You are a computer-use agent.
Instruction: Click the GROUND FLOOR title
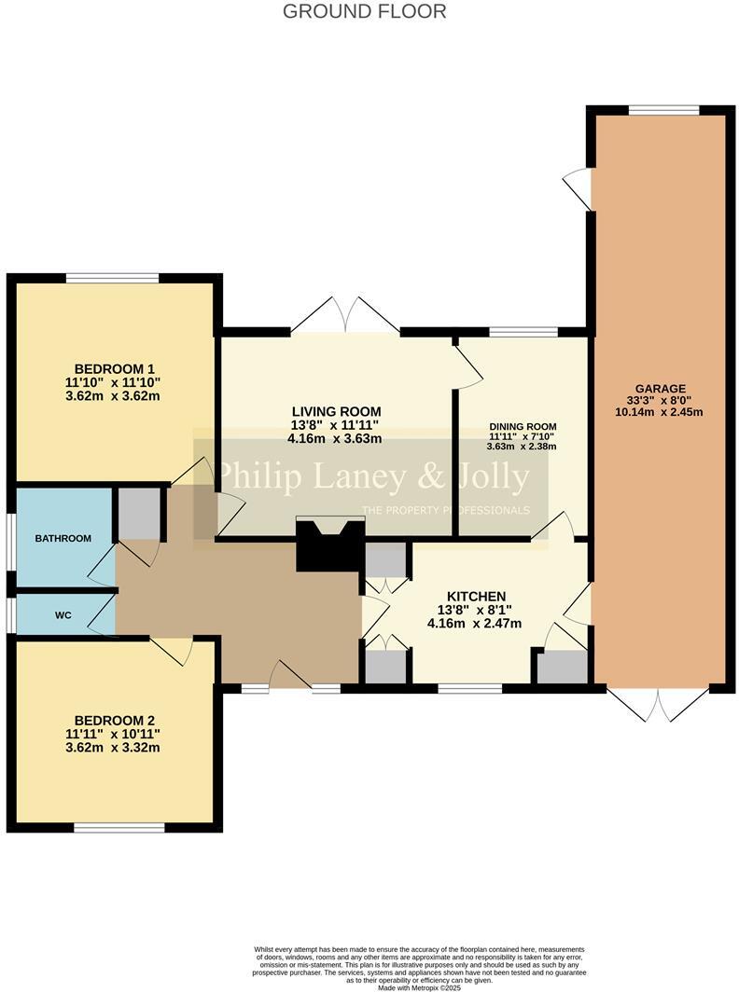pyautogui.click(x=364, y=11)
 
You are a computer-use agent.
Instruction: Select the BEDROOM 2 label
pyautogui.click(x=114, y=720)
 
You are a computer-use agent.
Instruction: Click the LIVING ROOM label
pyautogui.click(x=336, y=411)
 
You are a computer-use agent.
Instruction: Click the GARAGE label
pyautogui.click(x=660, y=389)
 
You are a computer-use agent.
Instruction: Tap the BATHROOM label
pyautogui.click(x=63, y=538)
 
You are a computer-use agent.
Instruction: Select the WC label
pyautogui.click(x=63, y=615)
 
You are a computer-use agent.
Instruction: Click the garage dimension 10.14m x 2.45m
pyautogui.click(x=660, y=412)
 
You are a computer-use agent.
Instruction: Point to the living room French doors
pyautogui.click(x=345, y=317)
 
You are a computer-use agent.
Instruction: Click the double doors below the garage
pyautogui.click(x=658, y=704)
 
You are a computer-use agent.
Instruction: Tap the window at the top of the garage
pyautogui.click(x=663, y=110)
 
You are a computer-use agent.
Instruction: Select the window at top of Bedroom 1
pyautogui.click(x=112, y=277)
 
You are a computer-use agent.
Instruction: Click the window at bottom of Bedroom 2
pyautogui.click(x=119, y=827)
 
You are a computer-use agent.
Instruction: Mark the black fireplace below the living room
pyautogui.click(x=329, y=547)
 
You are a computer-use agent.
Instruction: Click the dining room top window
pyautogui.click(x=523, y=331)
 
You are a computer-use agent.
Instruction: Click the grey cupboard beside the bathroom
pyautogui.click(x=139, y=514)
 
